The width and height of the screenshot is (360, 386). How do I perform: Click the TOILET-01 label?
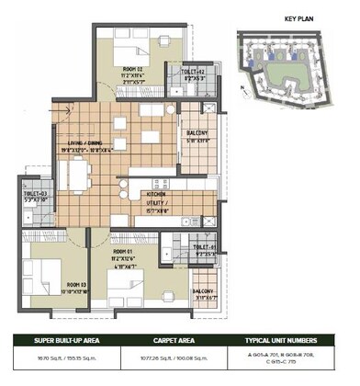point(204,247)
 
